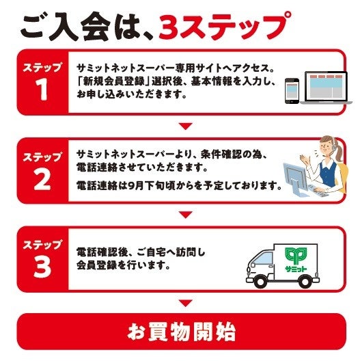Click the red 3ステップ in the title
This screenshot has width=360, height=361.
tap(225, 26)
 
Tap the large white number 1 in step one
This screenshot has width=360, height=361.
tap(42, 90)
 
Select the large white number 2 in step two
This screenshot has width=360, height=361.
tap(42, 179)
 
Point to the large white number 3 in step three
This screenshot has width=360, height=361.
tap(42, 267)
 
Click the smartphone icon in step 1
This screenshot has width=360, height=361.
tap(292, 91)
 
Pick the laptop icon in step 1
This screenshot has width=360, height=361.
tap(326, 88)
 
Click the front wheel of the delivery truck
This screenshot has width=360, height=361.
tap(260, 281)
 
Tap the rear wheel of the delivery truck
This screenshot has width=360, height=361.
tap(305, 281)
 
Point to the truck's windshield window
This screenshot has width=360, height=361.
tap(264, 259)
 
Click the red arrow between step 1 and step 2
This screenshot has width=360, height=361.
tap(186, 126)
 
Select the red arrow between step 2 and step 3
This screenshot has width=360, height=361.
tap(186, 215)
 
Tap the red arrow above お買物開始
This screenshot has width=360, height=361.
tap(186, 303)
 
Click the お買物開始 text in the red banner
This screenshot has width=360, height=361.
tap(182, 333)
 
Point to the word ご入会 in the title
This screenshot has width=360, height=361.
tap(65, 27)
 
